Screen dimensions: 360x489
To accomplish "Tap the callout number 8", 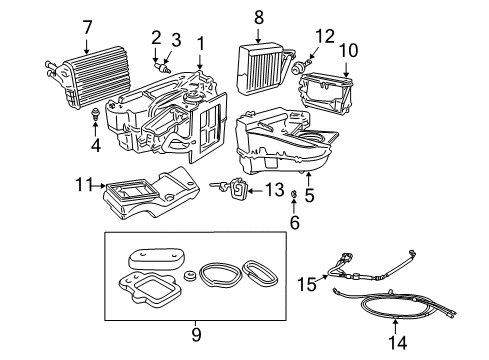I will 258,17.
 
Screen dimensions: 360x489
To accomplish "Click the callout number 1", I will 202,43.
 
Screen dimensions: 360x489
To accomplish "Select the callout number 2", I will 156,37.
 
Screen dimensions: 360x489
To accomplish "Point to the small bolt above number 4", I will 96,113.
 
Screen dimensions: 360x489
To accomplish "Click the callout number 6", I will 294,224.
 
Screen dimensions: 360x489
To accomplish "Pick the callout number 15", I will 308,285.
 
